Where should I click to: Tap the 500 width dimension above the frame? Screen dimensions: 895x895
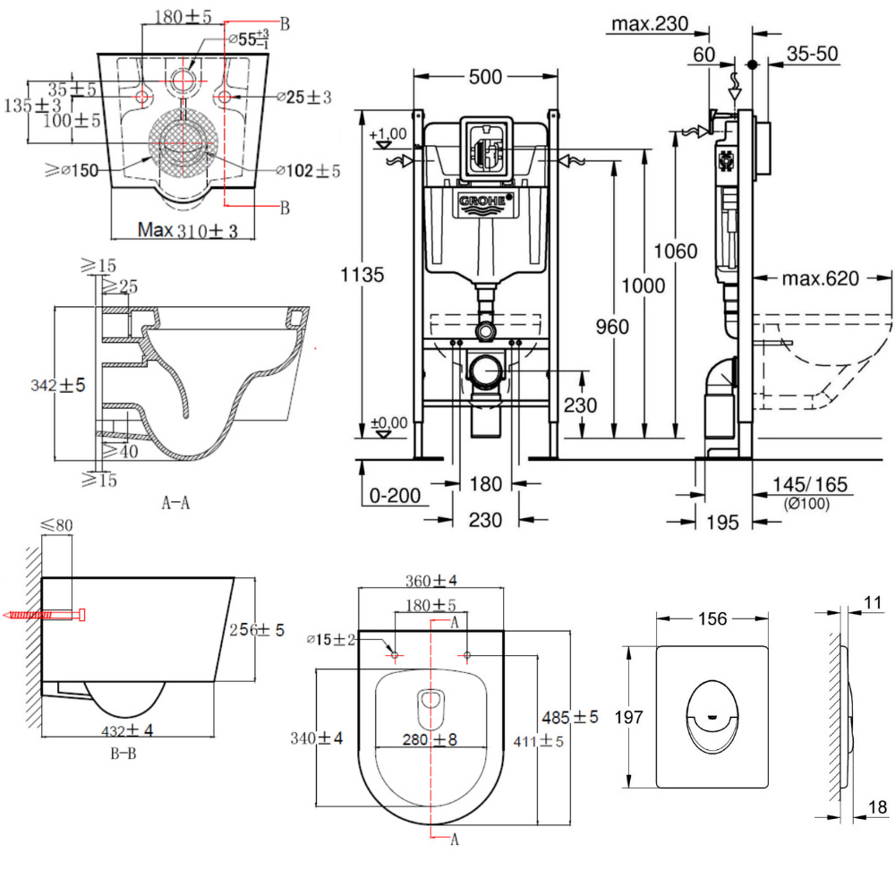(485, 78)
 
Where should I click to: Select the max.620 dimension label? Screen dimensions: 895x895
(821, 278)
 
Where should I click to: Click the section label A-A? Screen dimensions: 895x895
(175, 503)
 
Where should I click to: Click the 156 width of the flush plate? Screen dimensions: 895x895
(713, 619)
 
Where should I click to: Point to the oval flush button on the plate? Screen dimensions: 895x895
(712, 715)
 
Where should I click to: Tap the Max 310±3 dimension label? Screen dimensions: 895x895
(188, 230)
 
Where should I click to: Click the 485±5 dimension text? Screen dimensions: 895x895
(569, 717)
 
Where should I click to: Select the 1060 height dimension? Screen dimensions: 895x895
(675, 251)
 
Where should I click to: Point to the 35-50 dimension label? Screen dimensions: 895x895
(813, 54)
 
